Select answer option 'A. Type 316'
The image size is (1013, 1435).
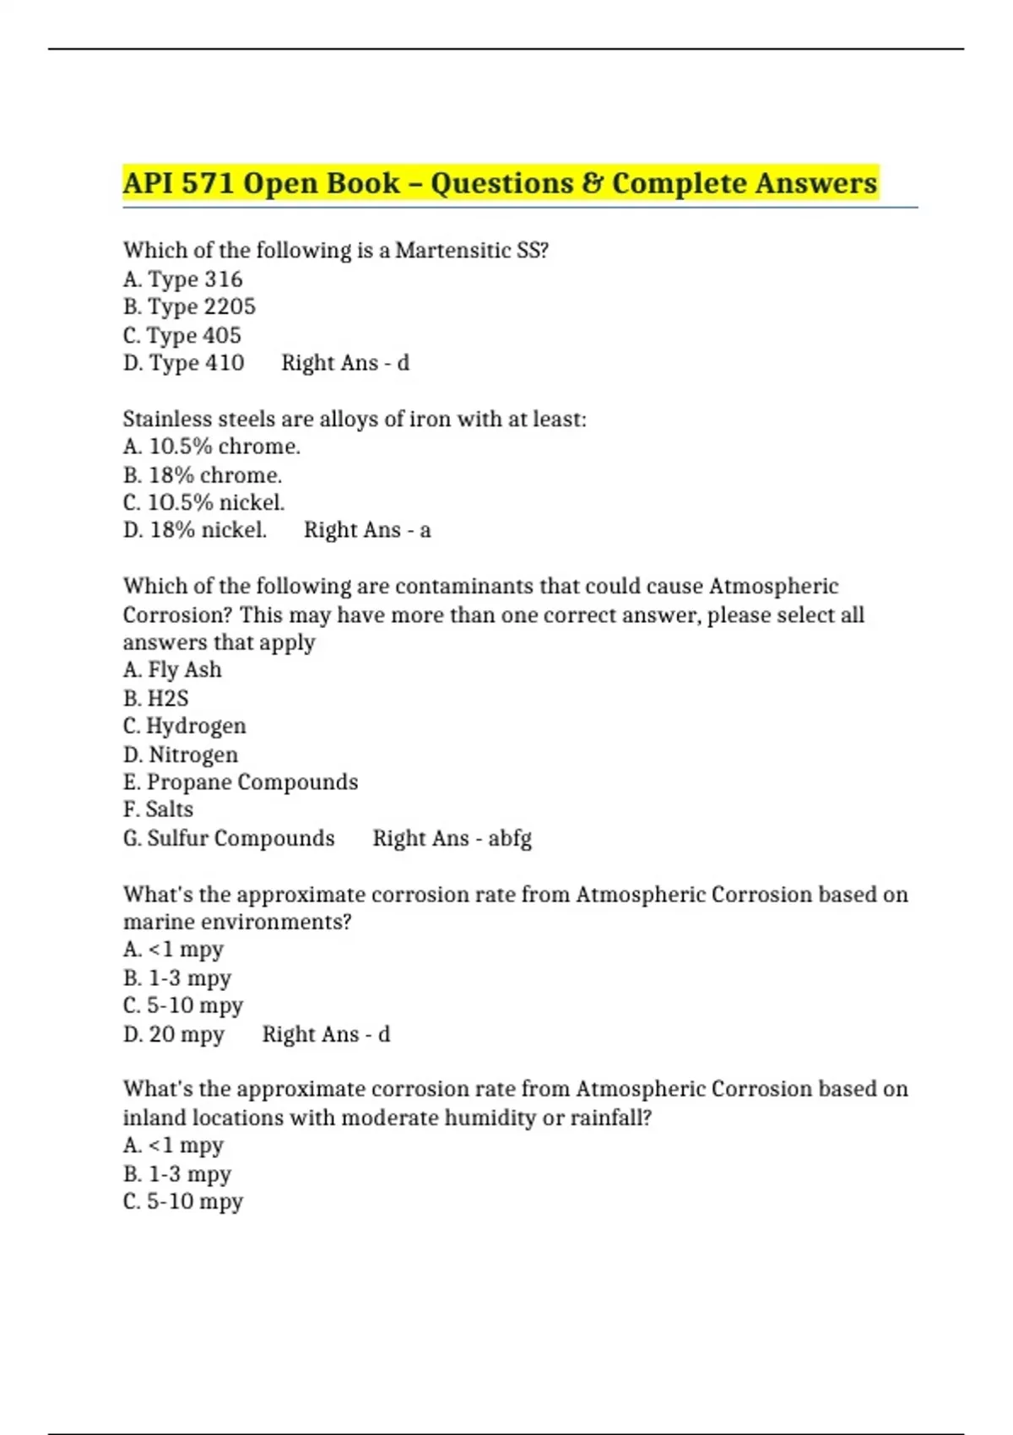point(182,279)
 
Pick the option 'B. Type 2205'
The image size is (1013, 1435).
point(189,307)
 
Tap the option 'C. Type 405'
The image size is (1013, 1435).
point(181,335)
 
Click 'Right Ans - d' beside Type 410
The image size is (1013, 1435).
point(345,363)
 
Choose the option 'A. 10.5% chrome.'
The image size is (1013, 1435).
point(211,447)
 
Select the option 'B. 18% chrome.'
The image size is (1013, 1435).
point(203,474)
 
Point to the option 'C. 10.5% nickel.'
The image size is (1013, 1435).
point(203,502)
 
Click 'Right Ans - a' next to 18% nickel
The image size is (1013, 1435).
point(367,530)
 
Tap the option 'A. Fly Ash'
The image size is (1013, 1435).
point(172,670)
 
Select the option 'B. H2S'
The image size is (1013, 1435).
point(155,698)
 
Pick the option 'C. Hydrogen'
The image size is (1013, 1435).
point(184,726)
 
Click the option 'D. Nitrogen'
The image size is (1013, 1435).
point(180,754)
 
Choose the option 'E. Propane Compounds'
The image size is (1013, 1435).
point(240,782)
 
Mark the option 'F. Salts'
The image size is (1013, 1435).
point(158,810)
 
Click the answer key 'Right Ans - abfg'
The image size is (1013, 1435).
point(452,838)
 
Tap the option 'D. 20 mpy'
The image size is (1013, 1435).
point(173,1034)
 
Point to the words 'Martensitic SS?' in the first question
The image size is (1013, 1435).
point(472,251)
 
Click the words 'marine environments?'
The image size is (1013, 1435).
point(237,922)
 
